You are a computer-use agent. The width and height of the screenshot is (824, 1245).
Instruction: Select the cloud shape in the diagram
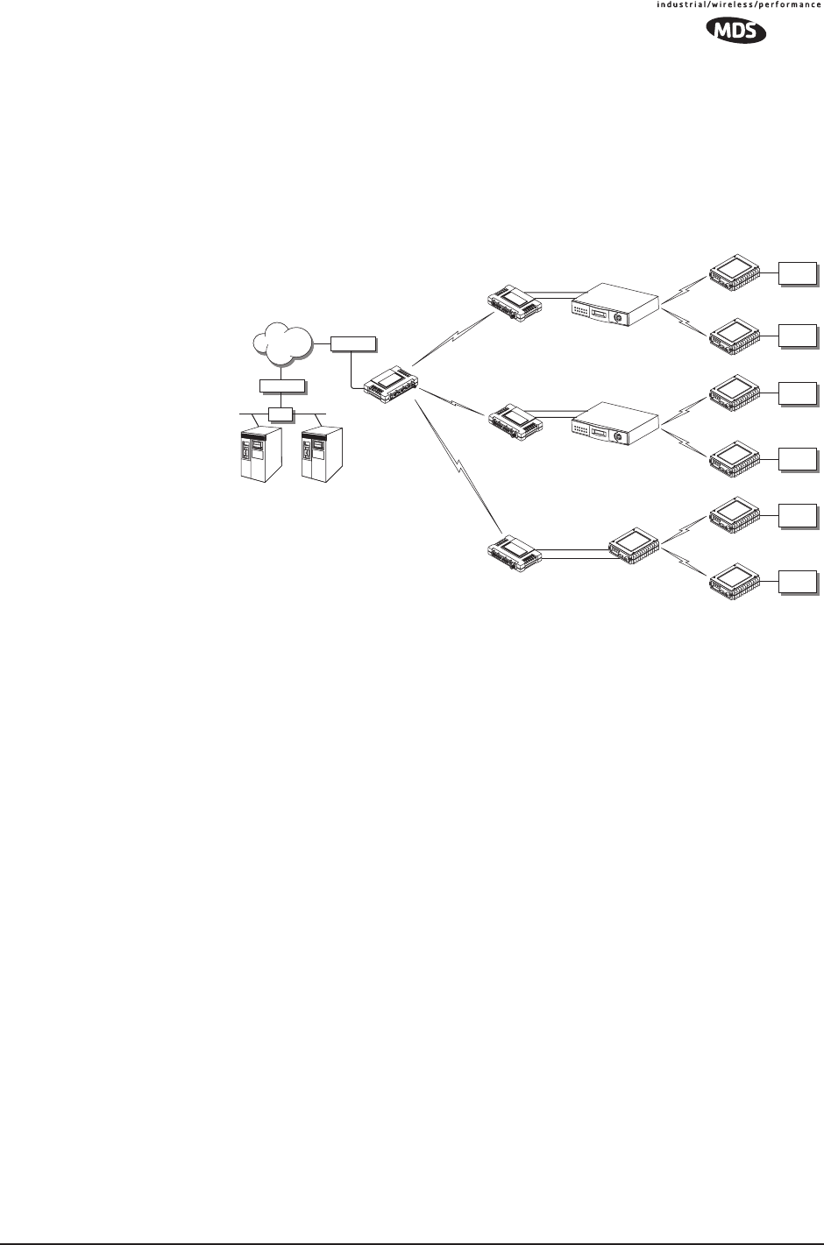pos(283,343)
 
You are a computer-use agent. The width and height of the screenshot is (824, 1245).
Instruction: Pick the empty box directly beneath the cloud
pos(282,386)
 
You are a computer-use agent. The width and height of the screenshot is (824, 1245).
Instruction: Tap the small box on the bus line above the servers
pos(281,413)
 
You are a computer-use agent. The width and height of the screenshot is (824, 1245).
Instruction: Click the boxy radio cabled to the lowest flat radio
pos(633,547)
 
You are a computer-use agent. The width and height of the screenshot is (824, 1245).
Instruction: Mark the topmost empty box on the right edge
pos(797,272)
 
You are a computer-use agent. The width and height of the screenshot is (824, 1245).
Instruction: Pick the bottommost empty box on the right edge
pos(797,580)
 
